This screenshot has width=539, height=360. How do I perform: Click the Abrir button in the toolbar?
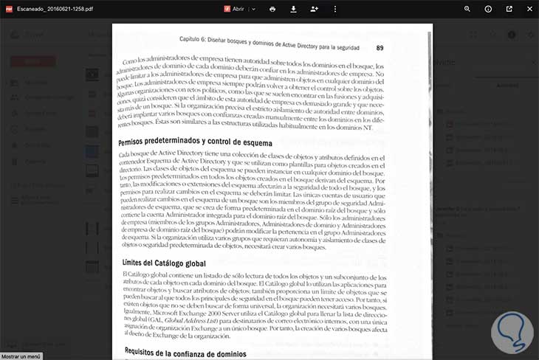[x=236, y=9]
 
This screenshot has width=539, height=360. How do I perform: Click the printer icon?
[x=272, y=9]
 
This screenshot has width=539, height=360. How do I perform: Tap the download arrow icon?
[x=293, y=9]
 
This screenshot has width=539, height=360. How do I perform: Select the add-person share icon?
[x=315, y=9]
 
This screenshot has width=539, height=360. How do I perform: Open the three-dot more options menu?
[x=334, y=9]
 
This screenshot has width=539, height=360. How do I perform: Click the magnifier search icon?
[x=467, y=9]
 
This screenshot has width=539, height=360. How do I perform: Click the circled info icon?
[x=488, y=9]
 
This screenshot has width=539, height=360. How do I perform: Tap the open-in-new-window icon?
[x=509, y=9]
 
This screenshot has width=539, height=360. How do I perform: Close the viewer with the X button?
[x=529, y=9]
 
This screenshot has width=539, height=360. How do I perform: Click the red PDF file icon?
[x=10, y=9]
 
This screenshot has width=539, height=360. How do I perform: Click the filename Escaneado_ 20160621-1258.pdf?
[x=50, y=9]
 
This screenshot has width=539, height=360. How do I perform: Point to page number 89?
[x=380, y=48]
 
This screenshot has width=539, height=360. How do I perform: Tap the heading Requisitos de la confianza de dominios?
[x=193, y=351]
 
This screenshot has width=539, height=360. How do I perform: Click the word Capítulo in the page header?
[x=193, y=38]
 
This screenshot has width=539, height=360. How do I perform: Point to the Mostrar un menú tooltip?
[x=21, y=356]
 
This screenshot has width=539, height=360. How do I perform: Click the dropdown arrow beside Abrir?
[x=253, y=9]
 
